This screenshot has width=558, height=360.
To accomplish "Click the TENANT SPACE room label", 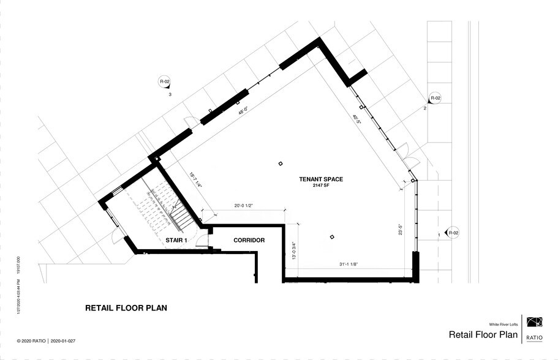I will pos(320,179).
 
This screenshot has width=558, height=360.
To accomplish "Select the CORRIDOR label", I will pos(249,241).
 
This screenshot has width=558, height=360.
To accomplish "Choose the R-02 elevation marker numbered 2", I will pos(435,98).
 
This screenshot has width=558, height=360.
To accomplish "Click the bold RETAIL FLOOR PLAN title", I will pos(126,308).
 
